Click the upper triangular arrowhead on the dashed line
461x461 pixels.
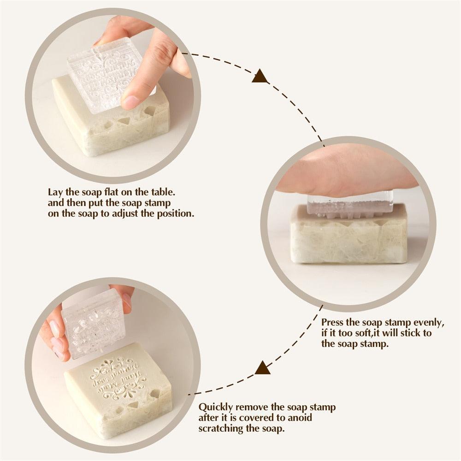coord(260,77)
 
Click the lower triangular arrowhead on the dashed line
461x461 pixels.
coord(262,368)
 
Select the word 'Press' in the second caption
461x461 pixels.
coord(332,322)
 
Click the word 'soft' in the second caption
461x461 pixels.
coord(358,333)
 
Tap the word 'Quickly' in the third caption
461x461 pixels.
coord(213,408)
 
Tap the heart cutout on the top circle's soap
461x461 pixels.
coord(150,111)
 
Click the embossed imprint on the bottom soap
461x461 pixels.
coord(118,378)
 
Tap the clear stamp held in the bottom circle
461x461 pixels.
coord(92,323)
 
